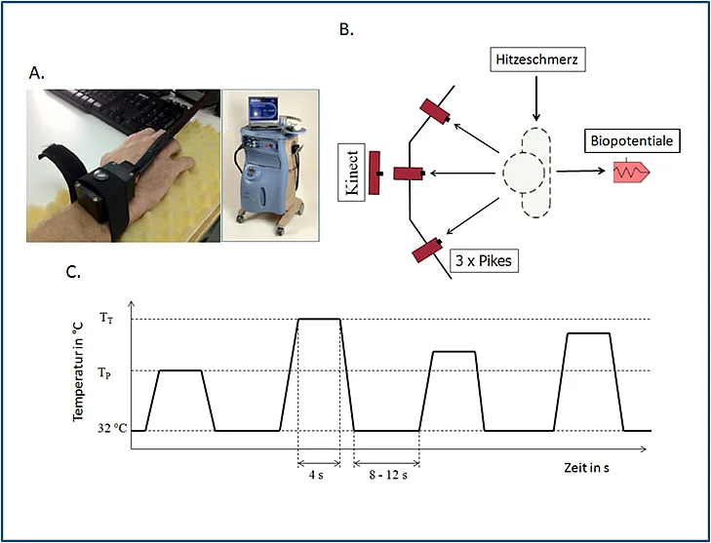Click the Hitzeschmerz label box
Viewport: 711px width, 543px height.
(537, 59)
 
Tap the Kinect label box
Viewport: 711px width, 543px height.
(352, 173)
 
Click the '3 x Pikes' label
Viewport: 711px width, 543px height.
(483, 260)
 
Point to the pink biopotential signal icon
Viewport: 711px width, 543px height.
(631, 172)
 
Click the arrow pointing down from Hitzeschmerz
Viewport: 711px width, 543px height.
(536, 98)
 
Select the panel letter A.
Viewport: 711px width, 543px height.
(36, 72)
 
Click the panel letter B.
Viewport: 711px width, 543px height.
(346, 29)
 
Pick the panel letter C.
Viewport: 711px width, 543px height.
(73, 271)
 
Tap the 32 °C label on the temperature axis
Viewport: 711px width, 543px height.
(112, 428)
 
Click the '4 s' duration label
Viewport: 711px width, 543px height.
(316, 476)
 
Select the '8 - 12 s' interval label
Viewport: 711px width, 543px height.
(388, 476)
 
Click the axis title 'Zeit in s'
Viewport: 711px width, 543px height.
(586, 468)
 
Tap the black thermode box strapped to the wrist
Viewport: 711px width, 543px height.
(106, 189)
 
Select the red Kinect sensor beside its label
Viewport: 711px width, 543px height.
(375, 174)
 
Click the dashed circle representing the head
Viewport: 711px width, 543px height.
(524, 172)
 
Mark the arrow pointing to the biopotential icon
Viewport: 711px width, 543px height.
(581, 171)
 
